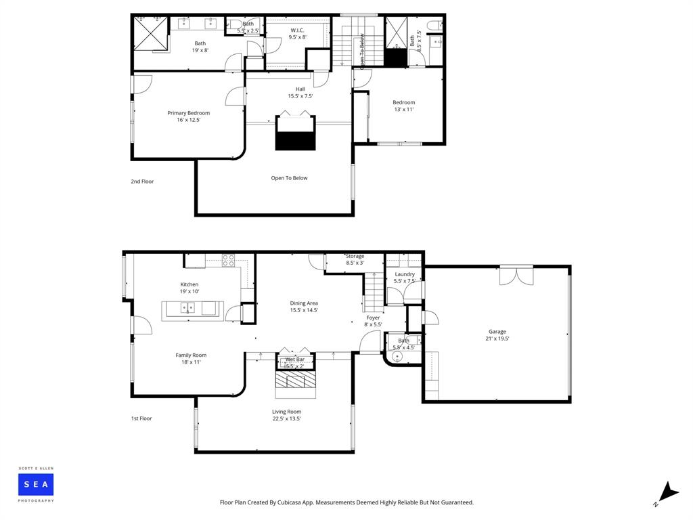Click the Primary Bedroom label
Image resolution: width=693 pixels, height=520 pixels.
click(188, 113)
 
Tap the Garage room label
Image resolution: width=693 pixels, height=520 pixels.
click(497, 332)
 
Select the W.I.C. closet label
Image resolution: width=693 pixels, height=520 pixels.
click(297, 30)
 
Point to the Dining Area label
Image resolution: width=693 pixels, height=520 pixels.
click(304, 303)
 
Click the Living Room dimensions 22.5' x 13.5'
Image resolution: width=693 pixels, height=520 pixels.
click(286, 418)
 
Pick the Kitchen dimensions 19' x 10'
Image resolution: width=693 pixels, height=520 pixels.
click(189, 291)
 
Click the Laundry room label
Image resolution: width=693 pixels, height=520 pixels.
click(405, 274)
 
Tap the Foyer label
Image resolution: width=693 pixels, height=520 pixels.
click(373, 318)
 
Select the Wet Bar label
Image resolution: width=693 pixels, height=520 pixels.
click(295, 360)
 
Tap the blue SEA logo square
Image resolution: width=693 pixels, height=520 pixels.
click(36, 484)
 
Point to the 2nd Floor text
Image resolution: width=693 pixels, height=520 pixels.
click(142, 181)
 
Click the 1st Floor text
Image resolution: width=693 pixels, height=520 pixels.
click(141, 418)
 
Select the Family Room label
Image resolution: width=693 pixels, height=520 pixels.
click(191, 355)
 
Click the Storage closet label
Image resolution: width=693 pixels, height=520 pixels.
click(355, 257)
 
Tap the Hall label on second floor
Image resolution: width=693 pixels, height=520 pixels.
click(300, 89)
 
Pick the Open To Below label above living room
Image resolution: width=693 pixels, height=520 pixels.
click(289, 178)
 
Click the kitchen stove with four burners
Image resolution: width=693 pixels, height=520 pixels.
click(229, 257)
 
